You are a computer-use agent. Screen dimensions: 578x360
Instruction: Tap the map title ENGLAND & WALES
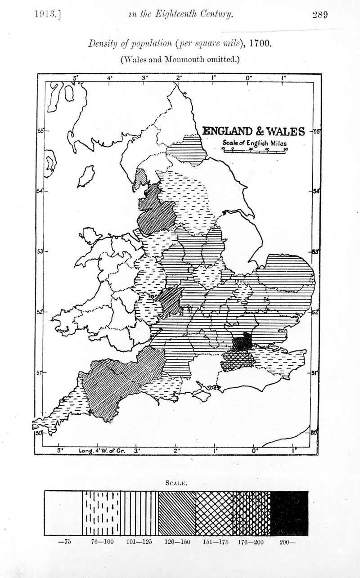(253, 131)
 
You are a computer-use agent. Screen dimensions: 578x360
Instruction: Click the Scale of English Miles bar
(255, 152)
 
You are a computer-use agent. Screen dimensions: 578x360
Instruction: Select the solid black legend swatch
(289, 513)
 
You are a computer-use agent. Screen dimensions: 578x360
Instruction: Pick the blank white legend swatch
(63, 513)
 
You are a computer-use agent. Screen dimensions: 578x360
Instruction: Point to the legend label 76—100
(102, 542)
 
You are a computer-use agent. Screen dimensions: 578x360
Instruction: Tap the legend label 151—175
(215, 542)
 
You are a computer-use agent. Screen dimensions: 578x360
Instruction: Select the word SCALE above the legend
(176, 483)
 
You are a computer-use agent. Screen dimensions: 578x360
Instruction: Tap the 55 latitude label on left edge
(40, 131)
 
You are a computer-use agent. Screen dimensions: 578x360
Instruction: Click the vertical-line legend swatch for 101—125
(139, 513)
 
